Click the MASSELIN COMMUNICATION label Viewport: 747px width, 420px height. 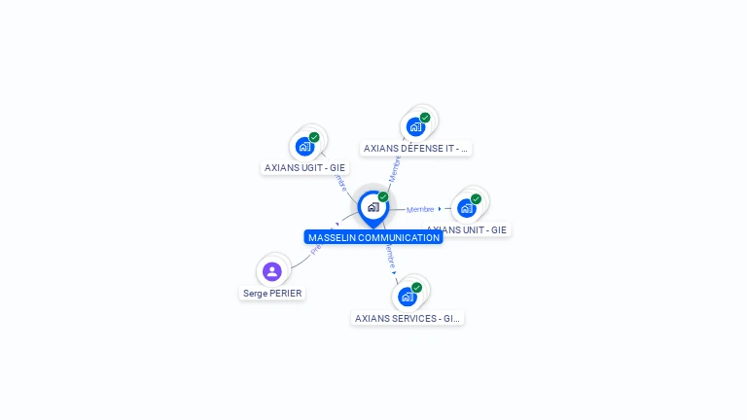[373, 237]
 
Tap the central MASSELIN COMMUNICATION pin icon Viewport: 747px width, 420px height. [373, 207]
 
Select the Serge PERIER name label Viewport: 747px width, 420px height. [272, 293]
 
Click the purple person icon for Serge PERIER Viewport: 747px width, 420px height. [272, 271]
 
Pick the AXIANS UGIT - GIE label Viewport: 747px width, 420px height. [304, 167]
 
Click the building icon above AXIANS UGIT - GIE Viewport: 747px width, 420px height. [304, 147]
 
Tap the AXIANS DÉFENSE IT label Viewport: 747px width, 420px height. [415, 149]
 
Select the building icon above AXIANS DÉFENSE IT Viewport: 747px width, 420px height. [415, 126]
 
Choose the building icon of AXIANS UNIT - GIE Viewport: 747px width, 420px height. [466, 208]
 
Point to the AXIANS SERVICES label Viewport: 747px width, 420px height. [407, 318]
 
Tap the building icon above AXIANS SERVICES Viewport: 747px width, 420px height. [407, 297]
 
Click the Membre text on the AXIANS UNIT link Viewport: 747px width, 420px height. [420, 209]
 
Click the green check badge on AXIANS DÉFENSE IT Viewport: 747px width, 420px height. [425, 118]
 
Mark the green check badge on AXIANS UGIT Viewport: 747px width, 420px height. [314, 137]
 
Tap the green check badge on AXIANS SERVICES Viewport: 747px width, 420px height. [416, 288]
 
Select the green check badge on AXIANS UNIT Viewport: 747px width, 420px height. [476, 199]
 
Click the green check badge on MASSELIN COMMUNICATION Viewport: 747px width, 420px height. [383, 197]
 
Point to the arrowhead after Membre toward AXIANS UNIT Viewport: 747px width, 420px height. [440, 209]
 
